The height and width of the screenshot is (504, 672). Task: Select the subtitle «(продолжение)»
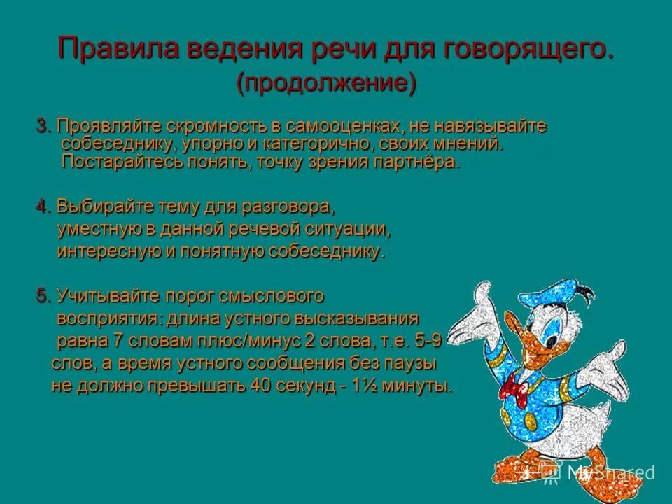tap(326, 83)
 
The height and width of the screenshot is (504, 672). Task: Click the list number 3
tap(42, 127)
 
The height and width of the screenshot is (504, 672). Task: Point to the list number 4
tap(42, 207)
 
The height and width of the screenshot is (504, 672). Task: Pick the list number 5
tap(42, 296)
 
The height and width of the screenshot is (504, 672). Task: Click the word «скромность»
tap(218, 127)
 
